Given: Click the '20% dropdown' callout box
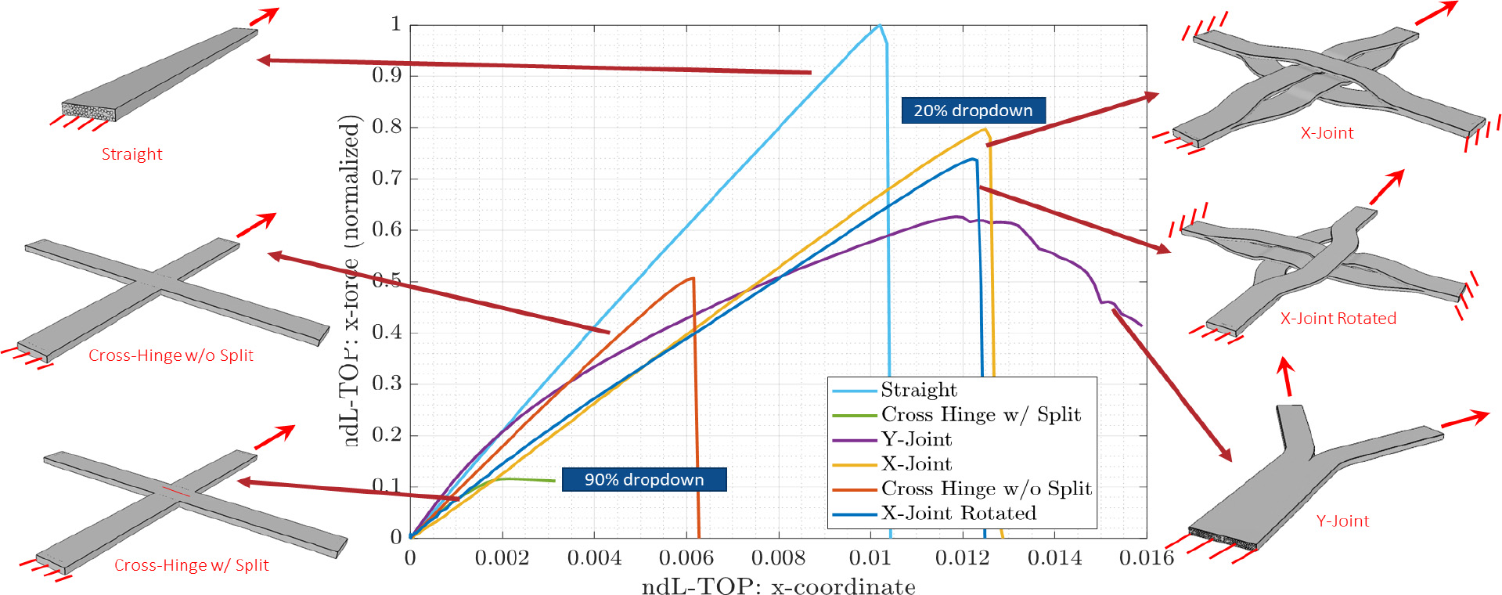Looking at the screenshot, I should [x=973, y=110].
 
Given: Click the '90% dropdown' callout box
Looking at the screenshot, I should [x=644, y=479].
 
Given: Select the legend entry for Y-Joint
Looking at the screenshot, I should [x=916, y=439].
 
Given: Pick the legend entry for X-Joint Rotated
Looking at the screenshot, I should [x=958, y=514].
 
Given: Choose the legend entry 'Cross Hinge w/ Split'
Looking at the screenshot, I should [x=980, y=414].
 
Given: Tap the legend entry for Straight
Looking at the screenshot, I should [x=918, y=390].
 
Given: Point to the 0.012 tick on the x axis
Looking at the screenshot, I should [x=962, y=557].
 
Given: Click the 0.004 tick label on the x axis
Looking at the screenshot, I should [x=594, y=557].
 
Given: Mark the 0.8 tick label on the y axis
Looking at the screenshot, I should [x=387, y=126].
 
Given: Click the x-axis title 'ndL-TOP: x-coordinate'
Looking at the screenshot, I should [x=778, y=586].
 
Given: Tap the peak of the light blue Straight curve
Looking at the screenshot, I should [x=879, y=25].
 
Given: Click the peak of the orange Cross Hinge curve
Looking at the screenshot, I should [x=693, y=278].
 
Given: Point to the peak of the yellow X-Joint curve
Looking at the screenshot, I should [x=985, y=129].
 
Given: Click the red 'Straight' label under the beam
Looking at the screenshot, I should [x=131, y=154].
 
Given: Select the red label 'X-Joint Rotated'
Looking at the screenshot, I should [x=1338, y=319].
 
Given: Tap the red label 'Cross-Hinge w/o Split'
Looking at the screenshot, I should [x=171, y=355].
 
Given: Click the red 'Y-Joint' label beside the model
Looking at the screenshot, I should [x=1342, y=521].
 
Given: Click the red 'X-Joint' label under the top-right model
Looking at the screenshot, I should [x=1327, y=133].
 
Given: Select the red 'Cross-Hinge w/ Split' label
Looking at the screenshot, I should [x=191, y=565].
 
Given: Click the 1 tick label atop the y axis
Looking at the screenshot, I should [x=396, y=24].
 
